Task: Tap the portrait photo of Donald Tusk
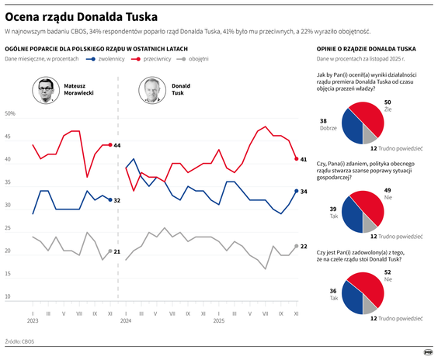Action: tap(153, 90)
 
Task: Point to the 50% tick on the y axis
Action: tap(11, 114)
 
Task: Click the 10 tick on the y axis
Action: tap(9, 296)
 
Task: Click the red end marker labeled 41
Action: tap(296, 158)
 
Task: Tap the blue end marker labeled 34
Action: tap(296, 190)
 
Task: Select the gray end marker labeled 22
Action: tap(296, 245)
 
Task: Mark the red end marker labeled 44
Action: tap(109, 145)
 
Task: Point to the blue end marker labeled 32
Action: tap(109, 199)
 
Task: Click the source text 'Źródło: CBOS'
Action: tap(19, 341)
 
